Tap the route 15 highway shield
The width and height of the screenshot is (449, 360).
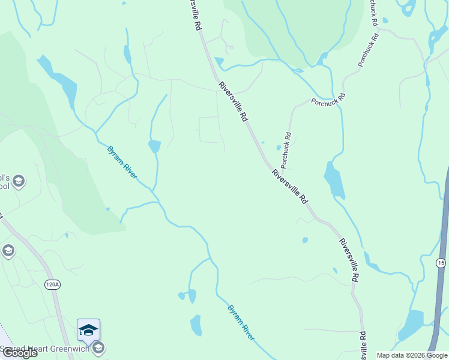[x=441, y=263]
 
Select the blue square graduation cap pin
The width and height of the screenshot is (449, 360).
[x=88, y=330]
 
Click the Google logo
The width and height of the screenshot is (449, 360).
[x=20, y=353]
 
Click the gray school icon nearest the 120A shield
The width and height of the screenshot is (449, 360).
[x=8, y=250]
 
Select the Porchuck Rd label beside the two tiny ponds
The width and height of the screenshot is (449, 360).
[x=286, y=149]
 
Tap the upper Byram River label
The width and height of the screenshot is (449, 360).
[x=122, y=162]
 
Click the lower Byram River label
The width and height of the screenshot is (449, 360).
[x=241, y=322]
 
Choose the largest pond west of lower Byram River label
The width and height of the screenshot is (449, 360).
[x=196, y=325]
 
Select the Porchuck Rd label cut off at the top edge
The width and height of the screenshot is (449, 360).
[x=373, y=13]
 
